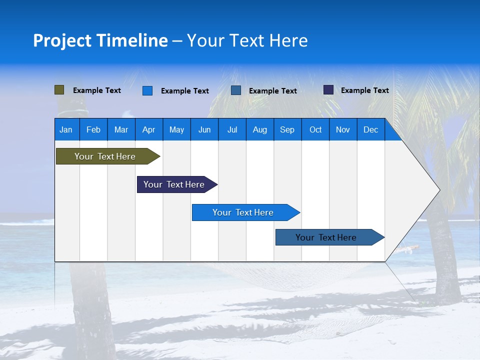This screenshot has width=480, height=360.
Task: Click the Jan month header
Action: pos(66,129)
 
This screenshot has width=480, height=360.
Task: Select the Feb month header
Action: pos(93,129)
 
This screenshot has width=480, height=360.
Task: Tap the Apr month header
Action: pos(148,129)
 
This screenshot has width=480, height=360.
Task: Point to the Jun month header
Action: pos(204,129)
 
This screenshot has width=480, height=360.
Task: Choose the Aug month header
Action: pos(259,129)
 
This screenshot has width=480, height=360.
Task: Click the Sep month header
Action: pos(287,129)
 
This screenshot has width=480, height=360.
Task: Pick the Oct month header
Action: pos(315,129)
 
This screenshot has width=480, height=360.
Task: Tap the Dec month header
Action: pos(370,129)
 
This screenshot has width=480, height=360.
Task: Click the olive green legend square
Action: pos(59,90)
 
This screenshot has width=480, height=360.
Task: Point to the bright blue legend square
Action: pos(147,90)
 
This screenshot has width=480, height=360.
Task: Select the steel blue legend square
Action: pos(236,90)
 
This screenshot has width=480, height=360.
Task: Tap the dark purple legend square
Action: pos(328,90)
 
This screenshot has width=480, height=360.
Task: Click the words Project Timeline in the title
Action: pos(100,40)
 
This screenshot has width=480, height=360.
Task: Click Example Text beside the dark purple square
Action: pos(364,90)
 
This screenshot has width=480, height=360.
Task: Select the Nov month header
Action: pos(343,129)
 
